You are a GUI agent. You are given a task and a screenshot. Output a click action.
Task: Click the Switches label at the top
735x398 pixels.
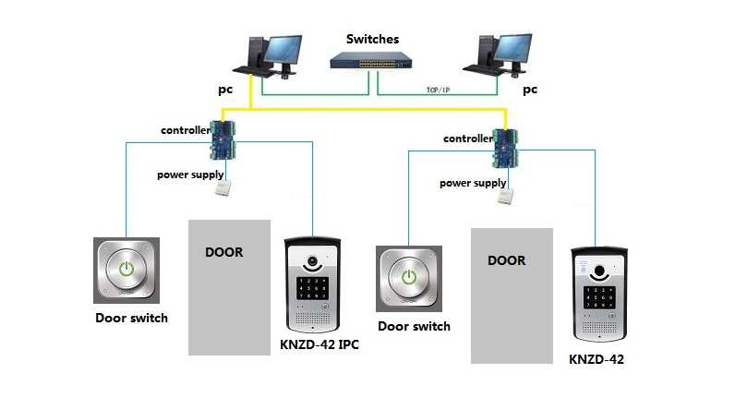click(x=372, y=40)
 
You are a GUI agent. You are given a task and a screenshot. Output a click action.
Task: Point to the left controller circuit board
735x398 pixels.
click(x=224, y=139)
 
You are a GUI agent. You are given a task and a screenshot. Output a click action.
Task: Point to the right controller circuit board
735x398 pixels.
click(x=507, y=147)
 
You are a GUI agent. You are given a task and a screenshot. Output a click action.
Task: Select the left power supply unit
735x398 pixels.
click(x=223, y=188)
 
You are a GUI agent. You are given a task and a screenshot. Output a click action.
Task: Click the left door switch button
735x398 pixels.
click(x=127, y=270)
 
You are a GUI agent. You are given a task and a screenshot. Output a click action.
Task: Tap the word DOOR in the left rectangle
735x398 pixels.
click(x=224, y=252)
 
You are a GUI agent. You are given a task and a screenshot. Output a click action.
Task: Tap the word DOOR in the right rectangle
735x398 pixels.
click(x=506, y=260)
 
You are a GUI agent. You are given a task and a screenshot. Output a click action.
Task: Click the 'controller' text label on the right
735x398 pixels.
click(x=467, y=139)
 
